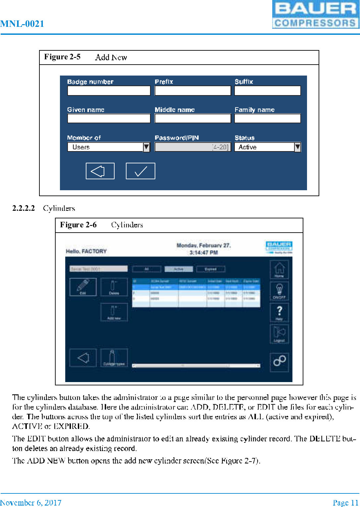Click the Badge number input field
109,91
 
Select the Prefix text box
192,91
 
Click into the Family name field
267,119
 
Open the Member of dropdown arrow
146,147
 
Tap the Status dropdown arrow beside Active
297,147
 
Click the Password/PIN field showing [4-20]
192,147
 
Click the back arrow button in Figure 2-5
100,171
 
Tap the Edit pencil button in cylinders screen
83,287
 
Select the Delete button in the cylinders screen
114,287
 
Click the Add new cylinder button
114,312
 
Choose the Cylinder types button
114,358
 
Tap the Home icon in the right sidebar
279,269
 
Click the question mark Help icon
279,312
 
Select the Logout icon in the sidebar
279,334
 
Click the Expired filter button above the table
211,269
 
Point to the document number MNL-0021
22,24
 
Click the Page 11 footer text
345,503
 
